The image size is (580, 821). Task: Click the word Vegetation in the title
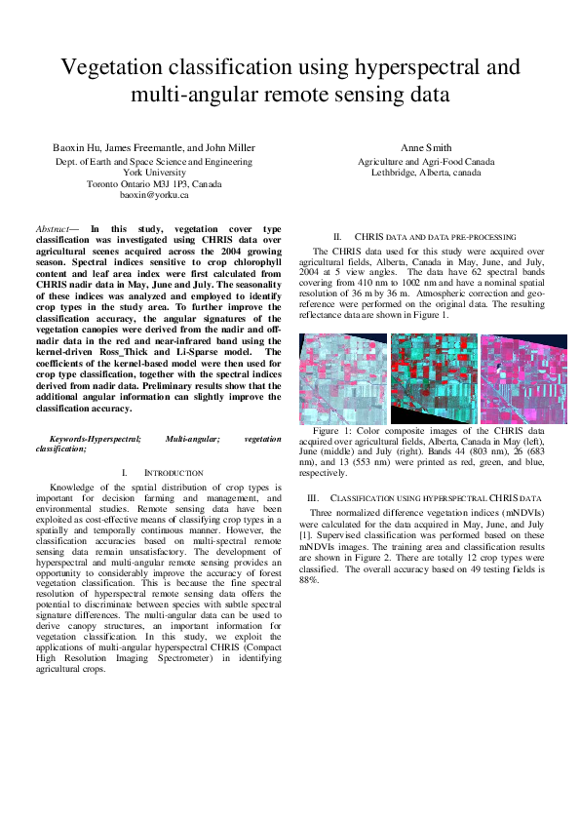(x=105, y=67)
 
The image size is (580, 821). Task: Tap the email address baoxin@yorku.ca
(x=154, y=195)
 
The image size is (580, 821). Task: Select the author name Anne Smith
(x=426, y=148)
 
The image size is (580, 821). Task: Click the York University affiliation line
(x=154, y=172)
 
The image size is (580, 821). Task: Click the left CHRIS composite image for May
(x=342, y=378)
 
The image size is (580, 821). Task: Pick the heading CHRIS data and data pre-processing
(x=435, y=237)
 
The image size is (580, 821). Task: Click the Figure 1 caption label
(x=334, y=430)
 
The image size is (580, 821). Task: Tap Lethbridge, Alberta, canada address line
(x=426, y=173)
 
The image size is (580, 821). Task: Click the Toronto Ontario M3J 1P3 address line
(x=154, y=183)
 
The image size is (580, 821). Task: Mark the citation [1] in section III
(x=304, y=535)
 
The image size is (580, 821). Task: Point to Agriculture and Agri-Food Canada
(x=426, y=161)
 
